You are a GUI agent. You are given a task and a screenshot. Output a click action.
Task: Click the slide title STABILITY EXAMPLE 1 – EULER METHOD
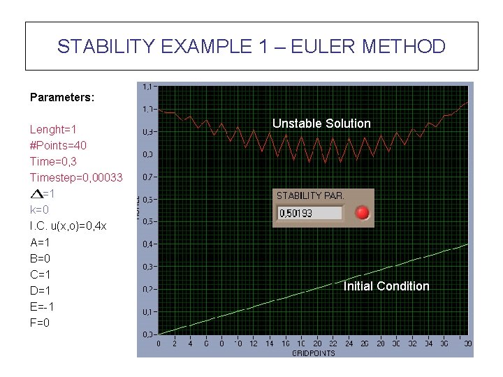click(x=251, y=47)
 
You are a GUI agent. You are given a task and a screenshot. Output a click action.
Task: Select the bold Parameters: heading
click(x=62, y=98)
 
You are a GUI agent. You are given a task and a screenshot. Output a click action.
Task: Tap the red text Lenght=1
click(x=53, y=130)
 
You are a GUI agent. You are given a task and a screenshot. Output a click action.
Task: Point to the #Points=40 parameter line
click(x=58, y=146)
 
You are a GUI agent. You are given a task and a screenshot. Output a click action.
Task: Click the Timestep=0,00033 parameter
click(x=75, y=178)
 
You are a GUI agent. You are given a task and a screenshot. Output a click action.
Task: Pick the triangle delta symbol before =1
click(x=36, y=193)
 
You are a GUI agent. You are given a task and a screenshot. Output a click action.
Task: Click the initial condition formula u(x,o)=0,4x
click(x=68, y=226)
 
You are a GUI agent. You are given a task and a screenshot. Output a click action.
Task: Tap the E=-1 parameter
click(x=41, y=306)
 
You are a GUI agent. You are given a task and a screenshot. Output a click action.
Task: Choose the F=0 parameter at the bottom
click(x=40, y=323)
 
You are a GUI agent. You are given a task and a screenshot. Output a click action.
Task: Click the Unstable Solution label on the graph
click(x=321, y=124)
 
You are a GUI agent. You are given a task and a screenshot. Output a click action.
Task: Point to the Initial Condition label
click(x=386, y=286)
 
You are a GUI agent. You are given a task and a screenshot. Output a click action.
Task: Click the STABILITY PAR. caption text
click(x=310, y=196)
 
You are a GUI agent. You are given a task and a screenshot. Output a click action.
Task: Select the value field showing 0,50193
click(x=310, y=214)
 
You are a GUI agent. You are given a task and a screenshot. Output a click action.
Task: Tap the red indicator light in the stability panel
click(x=362, y=213)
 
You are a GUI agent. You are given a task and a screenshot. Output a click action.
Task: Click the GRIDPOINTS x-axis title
click(x=314, y=353)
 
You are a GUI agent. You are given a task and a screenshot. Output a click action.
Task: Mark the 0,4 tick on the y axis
click(x=148, y=244)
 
